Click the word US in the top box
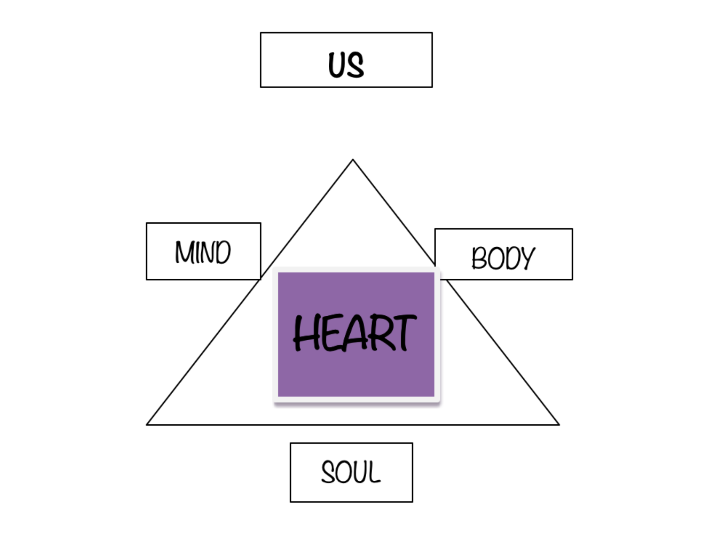coord(346,65)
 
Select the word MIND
coord(203,252)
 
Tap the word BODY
coord(503,258)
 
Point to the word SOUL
coord(351,472)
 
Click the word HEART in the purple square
coord(355,333)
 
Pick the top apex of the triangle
coord(353,160)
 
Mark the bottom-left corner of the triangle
coord(147,424)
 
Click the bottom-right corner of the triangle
coord(558,424)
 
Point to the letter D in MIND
coord(222,252)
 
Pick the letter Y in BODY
coord(527,258)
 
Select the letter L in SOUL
coord(375,473)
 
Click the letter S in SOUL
coord(328,472)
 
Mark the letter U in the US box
coord(337,65)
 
